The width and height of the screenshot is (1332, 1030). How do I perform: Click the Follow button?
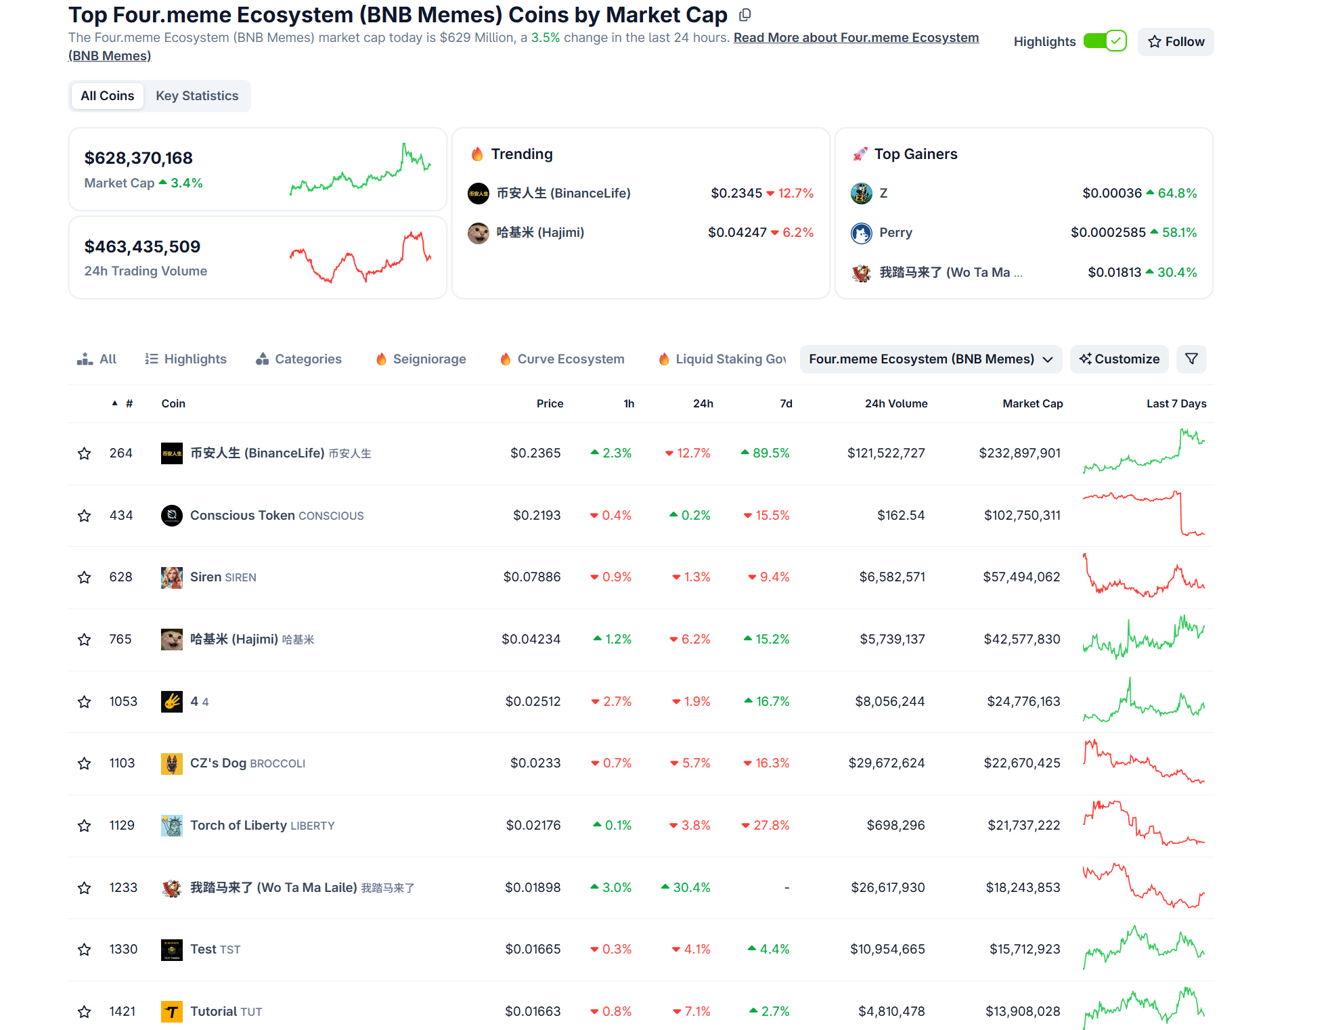(1176, 42)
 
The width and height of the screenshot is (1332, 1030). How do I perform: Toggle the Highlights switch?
(1105, 41)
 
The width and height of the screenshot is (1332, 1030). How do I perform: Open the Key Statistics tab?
(197, 96)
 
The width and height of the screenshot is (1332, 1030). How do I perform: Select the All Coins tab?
(107, 96)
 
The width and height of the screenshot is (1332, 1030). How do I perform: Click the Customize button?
(1119, 359)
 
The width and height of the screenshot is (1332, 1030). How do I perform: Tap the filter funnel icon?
(1191, 359)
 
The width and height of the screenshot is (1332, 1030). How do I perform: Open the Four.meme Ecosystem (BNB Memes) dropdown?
(930, 359)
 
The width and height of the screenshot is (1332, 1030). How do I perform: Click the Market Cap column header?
(1032, 404)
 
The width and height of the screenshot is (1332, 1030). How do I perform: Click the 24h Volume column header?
(895, 404)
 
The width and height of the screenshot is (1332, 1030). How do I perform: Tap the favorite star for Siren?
(84, 578)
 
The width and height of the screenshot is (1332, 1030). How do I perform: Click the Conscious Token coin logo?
(172, 516)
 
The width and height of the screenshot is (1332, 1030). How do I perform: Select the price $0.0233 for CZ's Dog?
(535, 763)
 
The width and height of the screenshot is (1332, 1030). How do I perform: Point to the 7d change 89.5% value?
(770, 453)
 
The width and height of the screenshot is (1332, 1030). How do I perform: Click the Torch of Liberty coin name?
(238, 826)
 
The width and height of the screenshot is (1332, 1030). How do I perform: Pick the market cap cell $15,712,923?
(1025, 949)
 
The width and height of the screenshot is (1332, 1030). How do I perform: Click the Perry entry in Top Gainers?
(895, 233)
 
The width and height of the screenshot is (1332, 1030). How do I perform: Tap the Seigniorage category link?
(429, 359)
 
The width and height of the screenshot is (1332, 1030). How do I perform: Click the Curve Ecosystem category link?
(571, 359)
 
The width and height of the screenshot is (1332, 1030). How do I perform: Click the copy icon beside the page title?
(745, 15)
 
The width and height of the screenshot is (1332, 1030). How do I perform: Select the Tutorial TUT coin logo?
(172, 1012)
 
